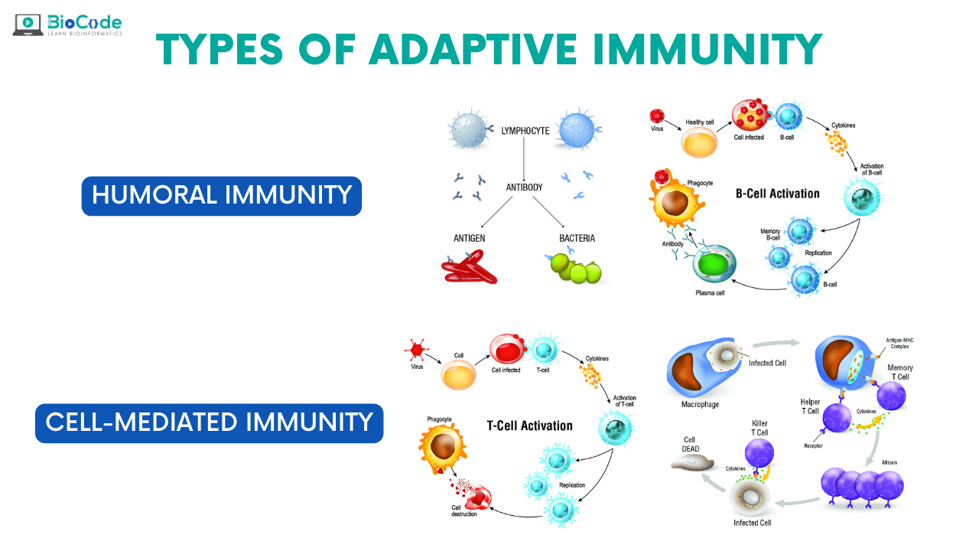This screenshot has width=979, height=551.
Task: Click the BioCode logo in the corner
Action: pyautogui.click(x=67, y=25)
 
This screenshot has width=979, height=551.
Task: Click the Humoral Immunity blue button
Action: pyautogui.click(x=221, y=195)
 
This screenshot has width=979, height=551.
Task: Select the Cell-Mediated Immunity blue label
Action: pyautogui.click(x=209, y=422)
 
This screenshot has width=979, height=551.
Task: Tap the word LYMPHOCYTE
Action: pyautogui.click(x=525, y=131)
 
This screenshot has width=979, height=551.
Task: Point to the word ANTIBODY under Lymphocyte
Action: pyautogui.click(x=524, y=187)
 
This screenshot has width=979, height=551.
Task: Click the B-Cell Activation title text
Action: pyautogui.click(x=777, y=194)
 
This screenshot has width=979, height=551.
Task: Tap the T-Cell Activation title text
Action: pyautogui.click(x=529, y=425)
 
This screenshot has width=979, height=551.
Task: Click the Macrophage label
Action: pyautogui.click(x=701, y=404)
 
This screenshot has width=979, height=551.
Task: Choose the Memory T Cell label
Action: pyautogui.click(x=899, y=373)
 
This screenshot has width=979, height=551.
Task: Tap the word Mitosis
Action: pyautogui.click(x=890, y=461)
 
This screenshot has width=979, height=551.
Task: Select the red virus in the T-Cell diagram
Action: pyautogui.click(x=417, y=350)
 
